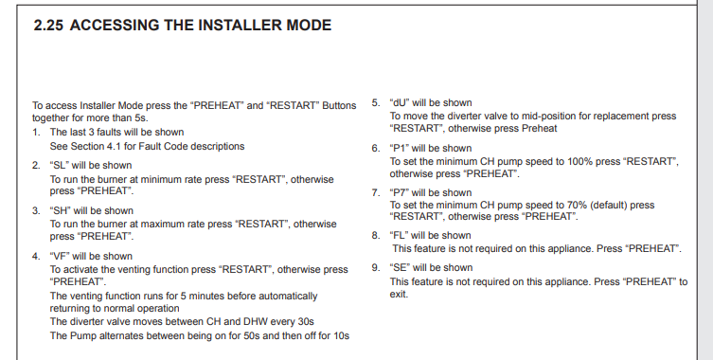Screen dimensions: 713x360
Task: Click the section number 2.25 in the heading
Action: click(48, 25)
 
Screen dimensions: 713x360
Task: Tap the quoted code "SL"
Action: click(59, 165)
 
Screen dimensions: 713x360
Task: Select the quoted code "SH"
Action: click(60, 210)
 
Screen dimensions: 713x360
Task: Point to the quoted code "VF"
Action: click(60, 256)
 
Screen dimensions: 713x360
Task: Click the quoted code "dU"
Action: click(400, 103)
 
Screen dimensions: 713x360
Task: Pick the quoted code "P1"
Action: click(400, 149)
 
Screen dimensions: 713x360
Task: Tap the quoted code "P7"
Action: click(400, 193)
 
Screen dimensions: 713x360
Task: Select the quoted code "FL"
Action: click(400, 236)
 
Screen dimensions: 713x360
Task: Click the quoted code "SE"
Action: click(400, 267)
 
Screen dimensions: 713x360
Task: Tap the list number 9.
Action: click(376, 267)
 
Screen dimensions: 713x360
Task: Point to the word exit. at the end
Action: click(399, 295)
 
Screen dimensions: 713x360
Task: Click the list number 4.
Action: click(36, 256)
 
